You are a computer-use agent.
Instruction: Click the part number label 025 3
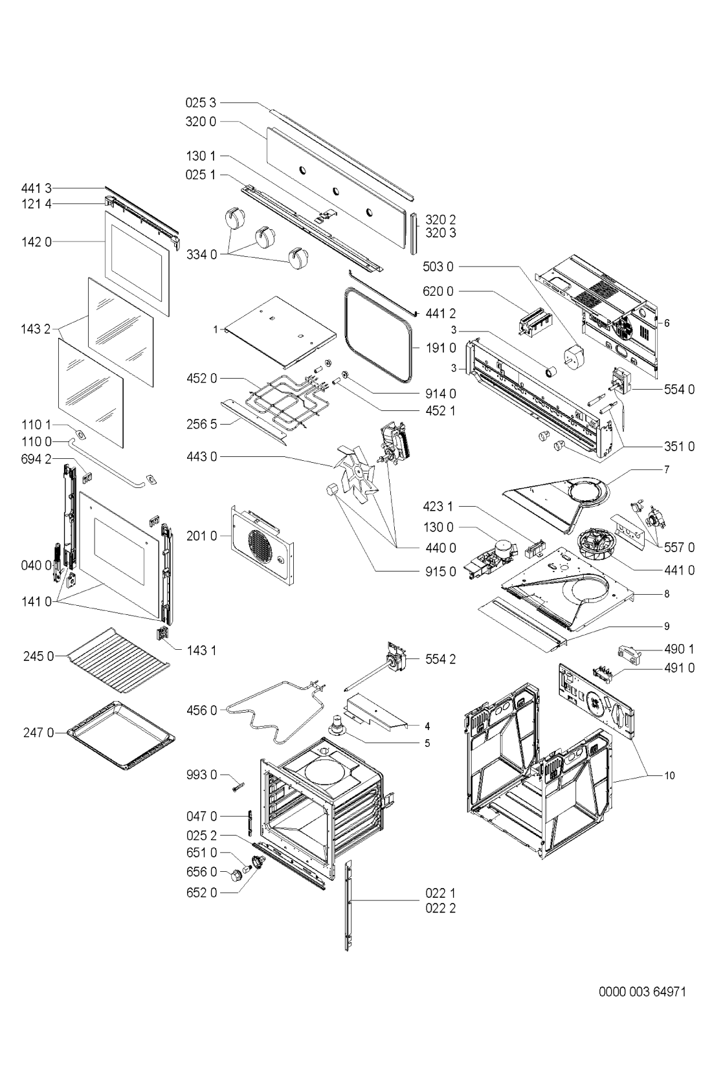[201, 102]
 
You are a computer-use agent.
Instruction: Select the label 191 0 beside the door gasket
[440, 348]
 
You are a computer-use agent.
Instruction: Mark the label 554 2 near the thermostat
[440, 660]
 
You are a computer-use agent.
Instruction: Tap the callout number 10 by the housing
[669, 775]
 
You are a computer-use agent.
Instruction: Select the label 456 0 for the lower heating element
[201, 711]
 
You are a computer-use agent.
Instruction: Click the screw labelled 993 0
[236, 785]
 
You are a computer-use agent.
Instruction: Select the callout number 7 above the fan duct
[666, 469]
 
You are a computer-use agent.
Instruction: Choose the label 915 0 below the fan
[440, 572]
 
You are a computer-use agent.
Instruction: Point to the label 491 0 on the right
[678, 668]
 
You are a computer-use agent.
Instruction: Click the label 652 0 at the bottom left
[201, 893]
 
